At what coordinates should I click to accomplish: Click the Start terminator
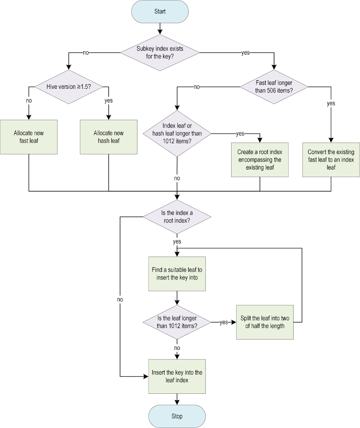pyautogui.click(x=160, y=11)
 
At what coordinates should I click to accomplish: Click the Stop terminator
pyautogui.click(x=177, y=416)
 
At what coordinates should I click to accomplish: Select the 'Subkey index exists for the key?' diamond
pyautogui.click(x=160, y=52)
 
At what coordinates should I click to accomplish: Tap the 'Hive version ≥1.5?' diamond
pyautogui.click(x=69, y=87)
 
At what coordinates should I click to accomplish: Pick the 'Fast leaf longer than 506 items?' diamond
pyautogui.click(x=274, y=87)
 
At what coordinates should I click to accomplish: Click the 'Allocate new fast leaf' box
pyautogui.click(x=29, y=137)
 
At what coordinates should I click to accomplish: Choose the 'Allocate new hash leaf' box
pyautogui.click(x=108, y=137)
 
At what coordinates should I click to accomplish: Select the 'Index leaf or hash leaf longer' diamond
pyautogui.click(x=177, y=134)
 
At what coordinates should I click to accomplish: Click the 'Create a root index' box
pyautogui.click(x=260, y=160)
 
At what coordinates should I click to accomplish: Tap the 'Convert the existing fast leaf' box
pyautogui.click(x=331, y=160)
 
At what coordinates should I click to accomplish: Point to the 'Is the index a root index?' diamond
pyautogui.click(x=177, y=217)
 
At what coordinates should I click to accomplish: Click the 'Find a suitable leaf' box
pyautogui.click(x=177, y=274)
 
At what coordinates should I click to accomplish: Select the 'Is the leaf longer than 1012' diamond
pyautogui.click(x=177, y=322)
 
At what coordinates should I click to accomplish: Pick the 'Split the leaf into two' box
pyautogui.click(x=265, y=322)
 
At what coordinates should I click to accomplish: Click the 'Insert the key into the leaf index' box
pyautogui.click(x=177, y=376)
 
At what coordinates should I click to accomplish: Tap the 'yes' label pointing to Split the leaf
pyautogui.click(x=224, y=322)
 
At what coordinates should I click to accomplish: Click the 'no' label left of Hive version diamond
pyautogui.click(x=29, y=101)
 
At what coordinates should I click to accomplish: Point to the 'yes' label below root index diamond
pyautogui.click(x=177, y=241)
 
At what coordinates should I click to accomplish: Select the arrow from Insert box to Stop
pyautogui.click(x=177, y=399)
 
